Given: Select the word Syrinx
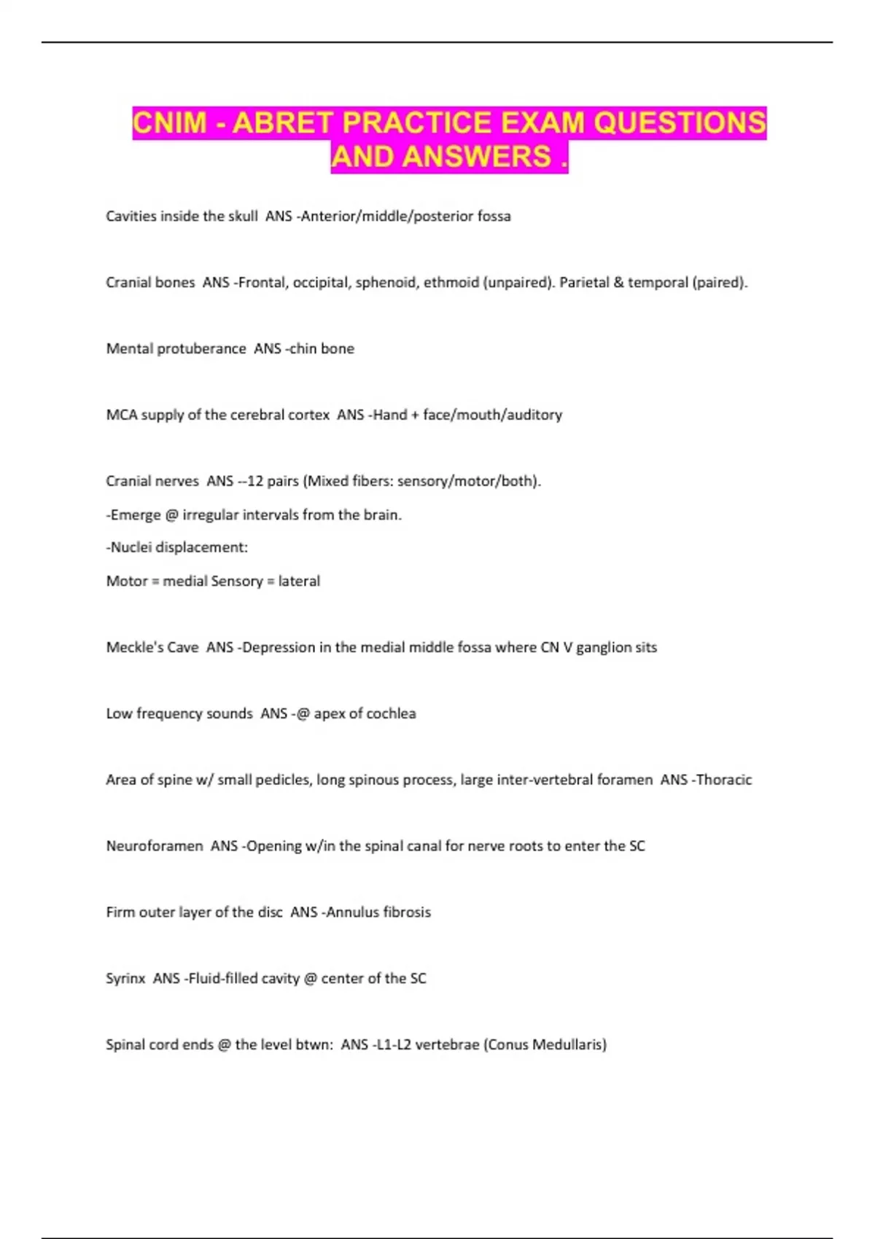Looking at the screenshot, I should [125, 979].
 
